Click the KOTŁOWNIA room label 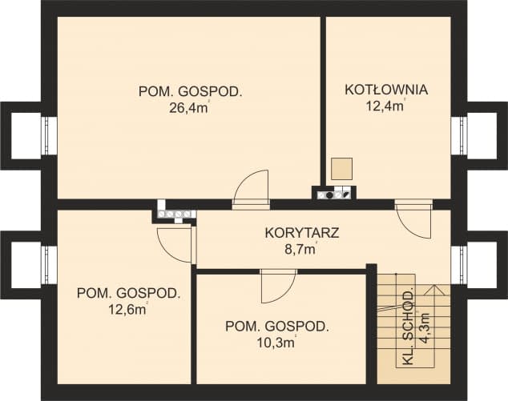pyautogui.click(x=386, y=90)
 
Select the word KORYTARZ pyautogui.click(x=302, y=234)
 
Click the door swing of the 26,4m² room pyautogui.click(x=252, y=188)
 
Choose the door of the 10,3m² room pyautogui.click(x=279, y=284)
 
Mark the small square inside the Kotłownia pyautogui.click(x=342, y=168)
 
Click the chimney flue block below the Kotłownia pyautogui.click(x=333, y=192)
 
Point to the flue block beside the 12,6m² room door pyautogui.click(x=175, y=214)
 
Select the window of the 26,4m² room pyautogui.click(x=50, y=133)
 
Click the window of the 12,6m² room pyautogui.click(x=50, y=261)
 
